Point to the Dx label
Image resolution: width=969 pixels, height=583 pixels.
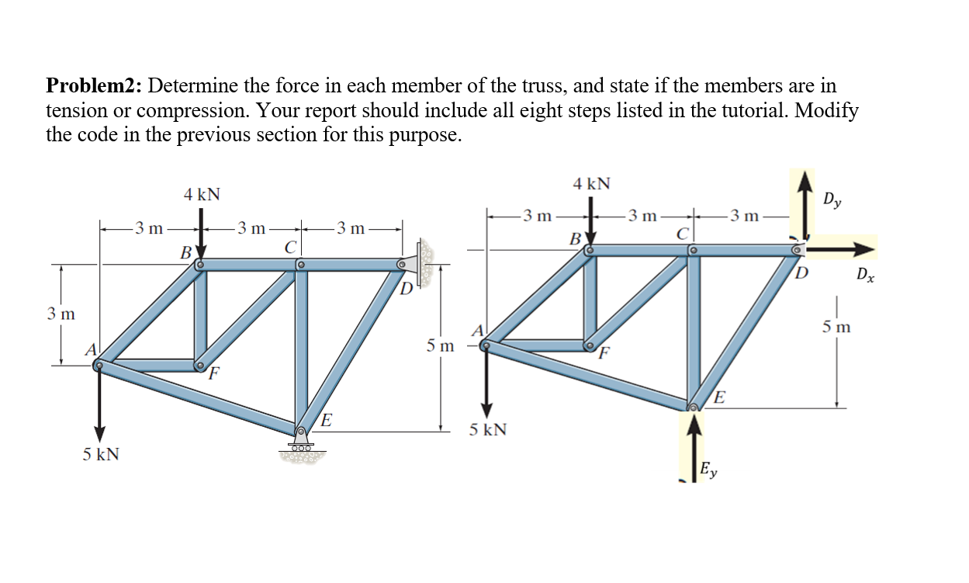pos(866,274)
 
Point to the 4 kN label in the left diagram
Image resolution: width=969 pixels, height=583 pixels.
pos(202,194)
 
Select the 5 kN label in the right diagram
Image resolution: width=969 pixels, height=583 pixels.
pos(488,429)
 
